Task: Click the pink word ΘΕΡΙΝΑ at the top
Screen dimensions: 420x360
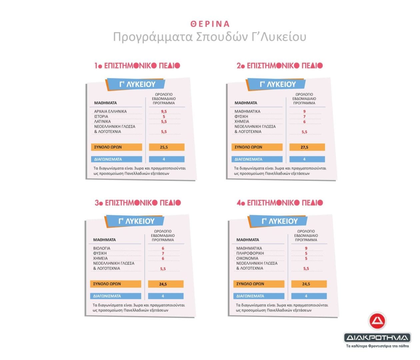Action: point(210,24)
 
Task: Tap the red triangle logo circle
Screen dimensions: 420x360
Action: point(377,321)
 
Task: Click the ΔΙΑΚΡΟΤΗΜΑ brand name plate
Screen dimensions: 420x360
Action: point(377,338)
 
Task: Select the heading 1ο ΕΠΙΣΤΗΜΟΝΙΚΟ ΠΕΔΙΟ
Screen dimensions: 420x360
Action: point(137,66)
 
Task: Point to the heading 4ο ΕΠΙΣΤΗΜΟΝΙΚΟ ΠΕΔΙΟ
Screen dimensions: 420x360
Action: point(280,203)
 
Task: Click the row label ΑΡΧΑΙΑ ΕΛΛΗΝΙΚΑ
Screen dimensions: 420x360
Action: point(110,111)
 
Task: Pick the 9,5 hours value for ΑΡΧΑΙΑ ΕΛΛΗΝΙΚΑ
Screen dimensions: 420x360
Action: point(164,112)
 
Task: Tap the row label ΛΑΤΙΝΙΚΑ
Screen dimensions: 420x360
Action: point(102,121)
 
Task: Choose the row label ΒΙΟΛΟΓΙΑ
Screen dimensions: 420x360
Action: point(102,248)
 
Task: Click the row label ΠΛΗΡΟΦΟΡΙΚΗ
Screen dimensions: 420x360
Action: point(250,253)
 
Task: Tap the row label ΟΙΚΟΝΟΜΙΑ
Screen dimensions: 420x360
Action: point(247,258)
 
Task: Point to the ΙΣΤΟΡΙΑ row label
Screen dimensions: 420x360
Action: point(101,116)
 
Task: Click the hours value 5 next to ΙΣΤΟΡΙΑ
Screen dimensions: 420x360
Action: point(164,117)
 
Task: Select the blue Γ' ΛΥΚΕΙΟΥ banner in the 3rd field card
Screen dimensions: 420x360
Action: point(135,221)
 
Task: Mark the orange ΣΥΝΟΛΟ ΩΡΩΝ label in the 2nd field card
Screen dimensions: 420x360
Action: point(257,147)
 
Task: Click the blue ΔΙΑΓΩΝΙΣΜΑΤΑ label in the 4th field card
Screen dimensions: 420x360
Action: point(259,296)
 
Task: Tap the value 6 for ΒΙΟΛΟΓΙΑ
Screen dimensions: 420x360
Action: point(163,248)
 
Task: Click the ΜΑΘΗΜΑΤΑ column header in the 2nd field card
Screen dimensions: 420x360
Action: point(246,103)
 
